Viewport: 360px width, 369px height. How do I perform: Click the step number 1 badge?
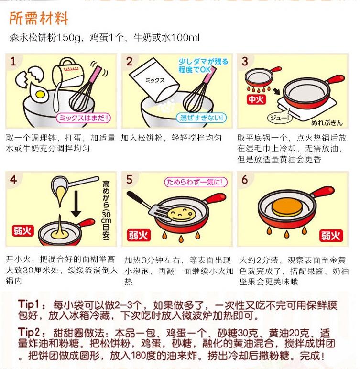(14, 62)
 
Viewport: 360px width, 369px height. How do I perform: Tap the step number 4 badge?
(14, 180)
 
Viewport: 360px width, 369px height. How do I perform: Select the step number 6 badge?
(246, 180)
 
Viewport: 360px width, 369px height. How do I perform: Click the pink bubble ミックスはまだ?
(84, 118)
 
